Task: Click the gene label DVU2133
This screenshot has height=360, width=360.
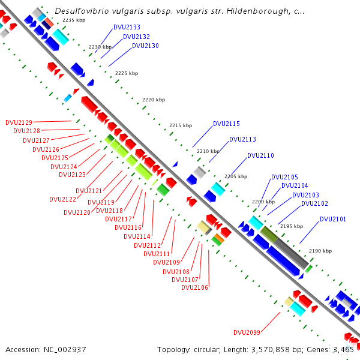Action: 127,28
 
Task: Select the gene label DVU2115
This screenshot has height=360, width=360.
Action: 226,124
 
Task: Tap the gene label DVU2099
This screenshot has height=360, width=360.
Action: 247,332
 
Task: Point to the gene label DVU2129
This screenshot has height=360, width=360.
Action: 19,122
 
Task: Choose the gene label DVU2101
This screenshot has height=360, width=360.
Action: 332,219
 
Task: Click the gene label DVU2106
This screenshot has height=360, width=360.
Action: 194,287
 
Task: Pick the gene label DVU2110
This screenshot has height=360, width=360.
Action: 260,156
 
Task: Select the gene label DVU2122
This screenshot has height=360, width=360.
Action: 62,199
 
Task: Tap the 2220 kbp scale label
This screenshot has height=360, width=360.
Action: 153,100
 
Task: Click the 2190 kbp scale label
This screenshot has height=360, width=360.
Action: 320,251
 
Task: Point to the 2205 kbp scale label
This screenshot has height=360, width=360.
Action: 235,176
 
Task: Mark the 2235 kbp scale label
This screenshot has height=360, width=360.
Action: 73,20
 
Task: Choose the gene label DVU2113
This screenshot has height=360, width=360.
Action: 242,139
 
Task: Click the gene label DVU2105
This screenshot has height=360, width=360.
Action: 284,177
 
